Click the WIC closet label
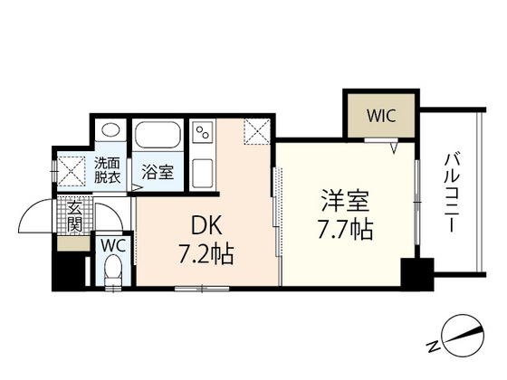[x=381, y=116]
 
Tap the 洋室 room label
[x=345, y=201]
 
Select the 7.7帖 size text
[x=345, y=230]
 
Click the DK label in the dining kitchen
[x=206, y=225]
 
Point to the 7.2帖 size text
[x=206, y=253]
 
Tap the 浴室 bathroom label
[x=158, y=172]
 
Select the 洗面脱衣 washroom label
[x=108, y=170]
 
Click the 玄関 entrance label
[x=74, y=216]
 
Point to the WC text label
[x=113, y=246]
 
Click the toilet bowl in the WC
[x=113, y=271]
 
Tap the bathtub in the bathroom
[x=158, y=135]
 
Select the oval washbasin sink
[x=110, y=130]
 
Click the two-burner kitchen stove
[x=203, y=132]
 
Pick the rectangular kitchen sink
[x=203, y=173]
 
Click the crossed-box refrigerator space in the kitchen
[x=257, y=131]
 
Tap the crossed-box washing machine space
[x=72, y=171]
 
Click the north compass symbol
[x=464, y=335]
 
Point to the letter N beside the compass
[x=434, y=347]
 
